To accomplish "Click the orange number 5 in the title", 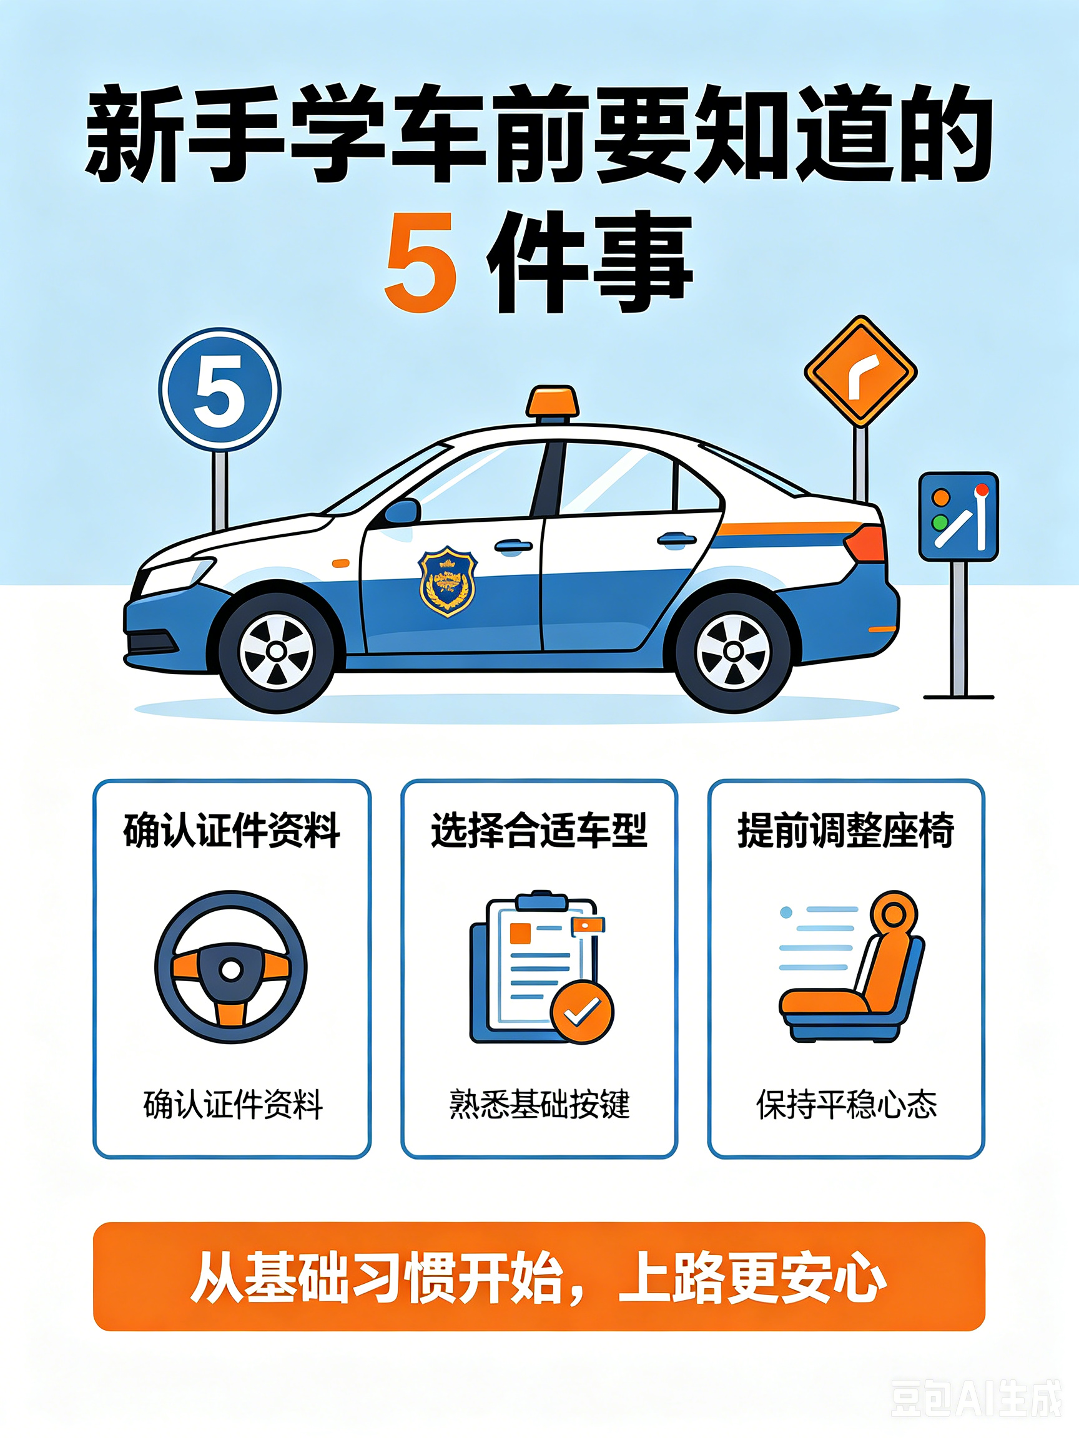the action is [x=420, y=263].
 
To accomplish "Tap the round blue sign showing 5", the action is [x=220, y=389].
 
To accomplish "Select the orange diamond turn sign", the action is [x=860, y=371].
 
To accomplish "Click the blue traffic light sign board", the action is [x=958, y=516].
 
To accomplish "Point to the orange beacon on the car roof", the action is [x=552, y=401].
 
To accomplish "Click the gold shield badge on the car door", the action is [x=448, y=580].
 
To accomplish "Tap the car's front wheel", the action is [x=277, y=652].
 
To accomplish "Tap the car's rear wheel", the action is [x=734, y=650].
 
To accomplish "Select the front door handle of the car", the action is [x=513, y=546].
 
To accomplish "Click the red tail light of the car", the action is [x=865, y=544].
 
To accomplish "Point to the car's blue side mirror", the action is [x=402, y=512].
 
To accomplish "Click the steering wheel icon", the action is [x=231, y=967].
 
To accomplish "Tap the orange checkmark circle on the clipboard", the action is [x=582, y=1012].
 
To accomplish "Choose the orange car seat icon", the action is [x=852, y=966].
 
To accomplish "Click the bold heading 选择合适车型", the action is [x=539, y=831].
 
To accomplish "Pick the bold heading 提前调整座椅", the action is [x=845, y=831].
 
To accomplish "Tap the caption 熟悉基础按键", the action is [x=539, y=1104].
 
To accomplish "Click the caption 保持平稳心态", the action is [x=846, y=1104].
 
